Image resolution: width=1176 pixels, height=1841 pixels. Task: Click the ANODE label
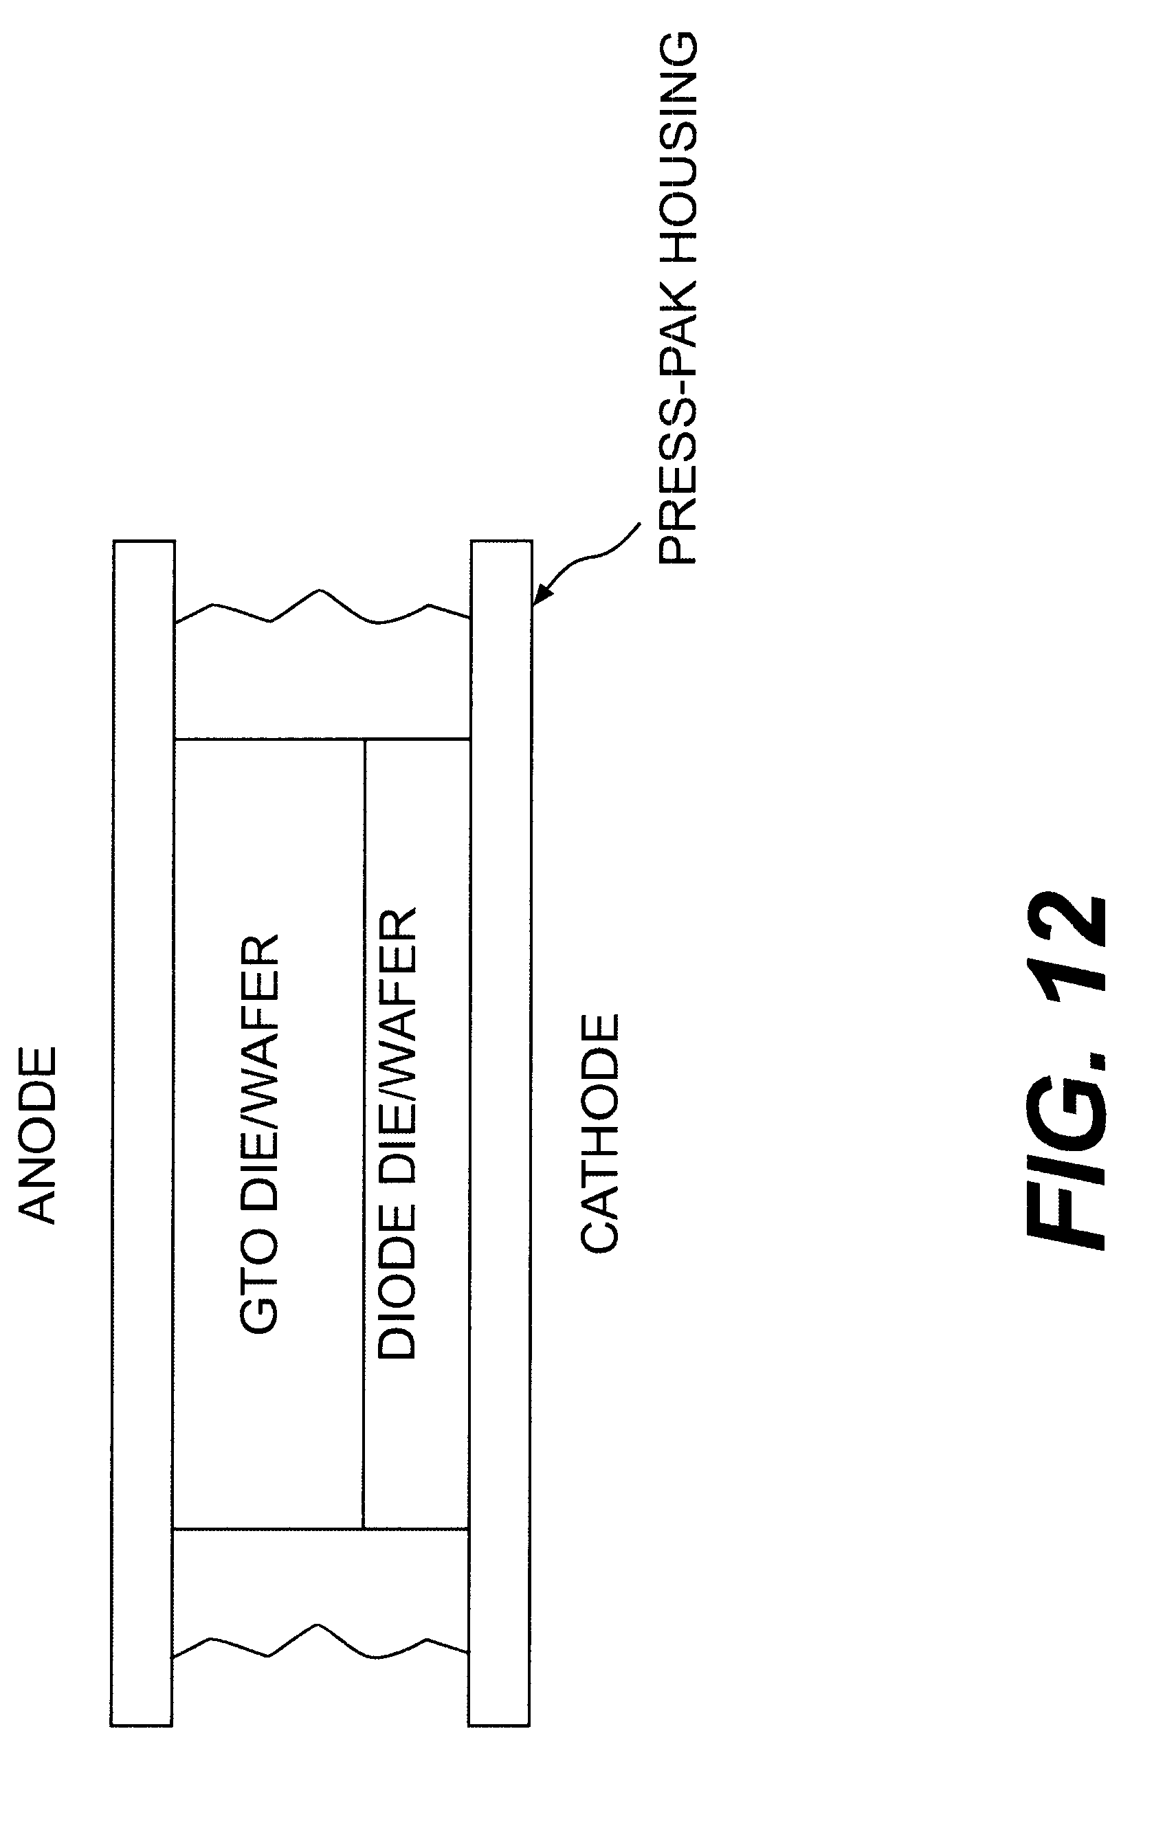[x=36, y=1135]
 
